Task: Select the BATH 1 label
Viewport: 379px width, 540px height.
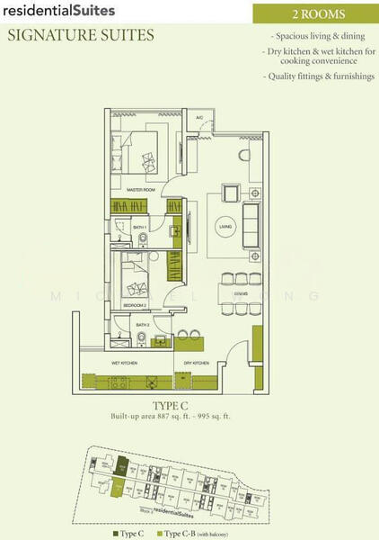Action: click(139, 228)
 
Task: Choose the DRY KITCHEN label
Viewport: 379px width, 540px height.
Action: click(196, 363)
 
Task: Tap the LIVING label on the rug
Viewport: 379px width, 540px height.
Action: click(224, 228)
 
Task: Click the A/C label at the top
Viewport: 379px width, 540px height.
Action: click(200, 118)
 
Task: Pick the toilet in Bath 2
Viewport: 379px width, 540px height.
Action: click(142, 339)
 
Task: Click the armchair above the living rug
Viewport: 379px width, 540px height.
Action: click(231, 192)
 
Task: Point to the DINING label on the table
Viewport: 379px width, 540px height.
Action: click(240, 294)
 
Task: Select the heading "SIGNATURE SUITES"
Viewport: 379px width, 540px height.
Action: click(81, 36)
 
